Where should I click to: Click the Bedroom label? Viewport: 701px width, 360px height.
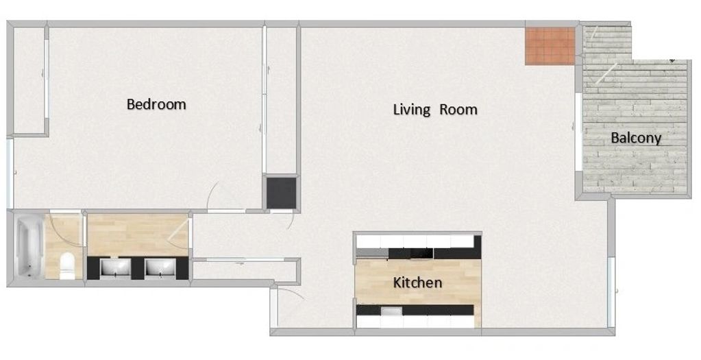(x=156, y=104)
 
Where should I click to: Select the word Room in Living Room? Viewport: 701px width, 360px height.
(x=458, y=110)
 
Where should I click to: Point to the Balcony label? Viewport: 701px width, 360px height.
(x=636, y=139)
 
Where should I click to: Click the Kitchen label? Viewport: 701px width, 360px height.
(x=417, y=283)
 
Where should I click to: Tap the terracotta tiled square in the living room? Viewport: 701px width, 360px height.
(x=550, y=46)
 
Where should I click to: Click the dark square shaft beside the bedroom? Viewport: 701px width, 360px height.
(x=282, y=193)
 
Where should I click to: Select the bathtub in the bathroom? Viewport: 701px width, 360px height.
(x=29, y=245)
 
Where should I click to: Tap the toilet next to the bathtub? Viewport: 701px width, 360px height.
(x=67, y=265)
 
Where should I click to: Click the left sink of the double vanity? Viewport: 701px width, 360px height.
(x=115, y=267)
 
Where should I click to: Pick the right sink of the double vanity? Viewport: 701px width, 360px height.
(x=160, y=267)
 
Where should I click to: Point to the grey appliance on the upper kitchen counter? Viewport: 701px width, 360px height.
(x=372, y=254)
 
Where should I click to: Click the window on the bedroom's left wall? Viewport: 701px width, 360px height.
(x=10, y=173)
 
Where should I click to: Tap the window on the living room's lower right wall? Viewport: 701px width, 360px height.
(x=611, y=292)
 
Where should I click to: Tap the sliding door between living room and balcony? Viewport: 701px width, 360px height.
(x=580, y=132)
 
